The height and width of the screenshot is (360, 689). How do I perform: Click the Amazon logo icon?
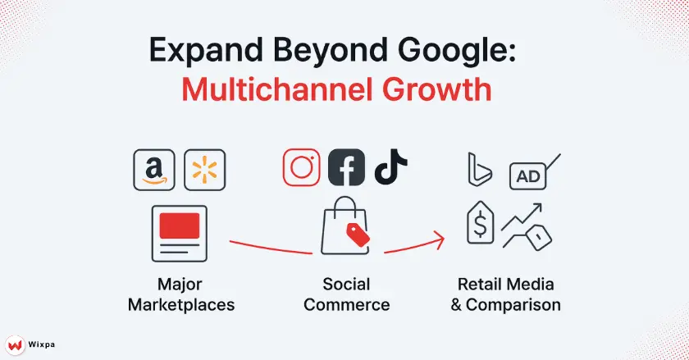coord(153,170)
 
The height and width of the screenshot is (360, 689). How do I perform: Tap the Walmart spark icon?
coord(205,170)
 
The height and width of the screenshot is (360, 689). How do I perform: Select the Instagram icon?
coord(302,167)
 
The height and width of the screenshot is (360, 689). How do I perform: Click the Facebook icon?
coord(346,168)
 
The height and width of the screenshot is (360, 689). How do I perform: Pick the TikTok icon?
coord(390,167)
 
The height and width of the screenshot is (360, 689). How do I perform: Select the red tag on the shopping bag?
coord(358,235)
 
